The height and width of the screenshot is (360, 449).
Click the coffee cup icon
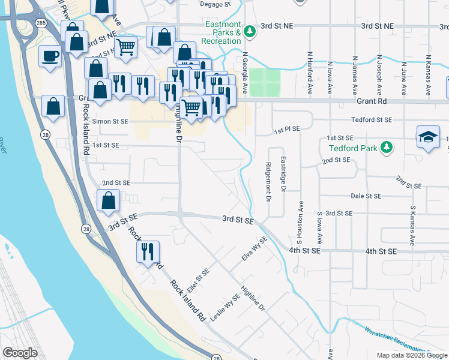(x=50, y=57)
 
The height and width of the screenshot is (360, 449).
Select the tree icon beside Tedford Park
(x=388, y=147)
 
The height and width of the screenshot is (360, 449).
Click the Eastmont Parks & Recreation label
(x=223, y=32)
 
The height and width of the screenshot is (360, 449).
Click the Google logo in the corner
(x=20, y=353)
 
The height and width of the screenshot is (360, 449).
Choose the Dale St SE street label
(x=366, y=196)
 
